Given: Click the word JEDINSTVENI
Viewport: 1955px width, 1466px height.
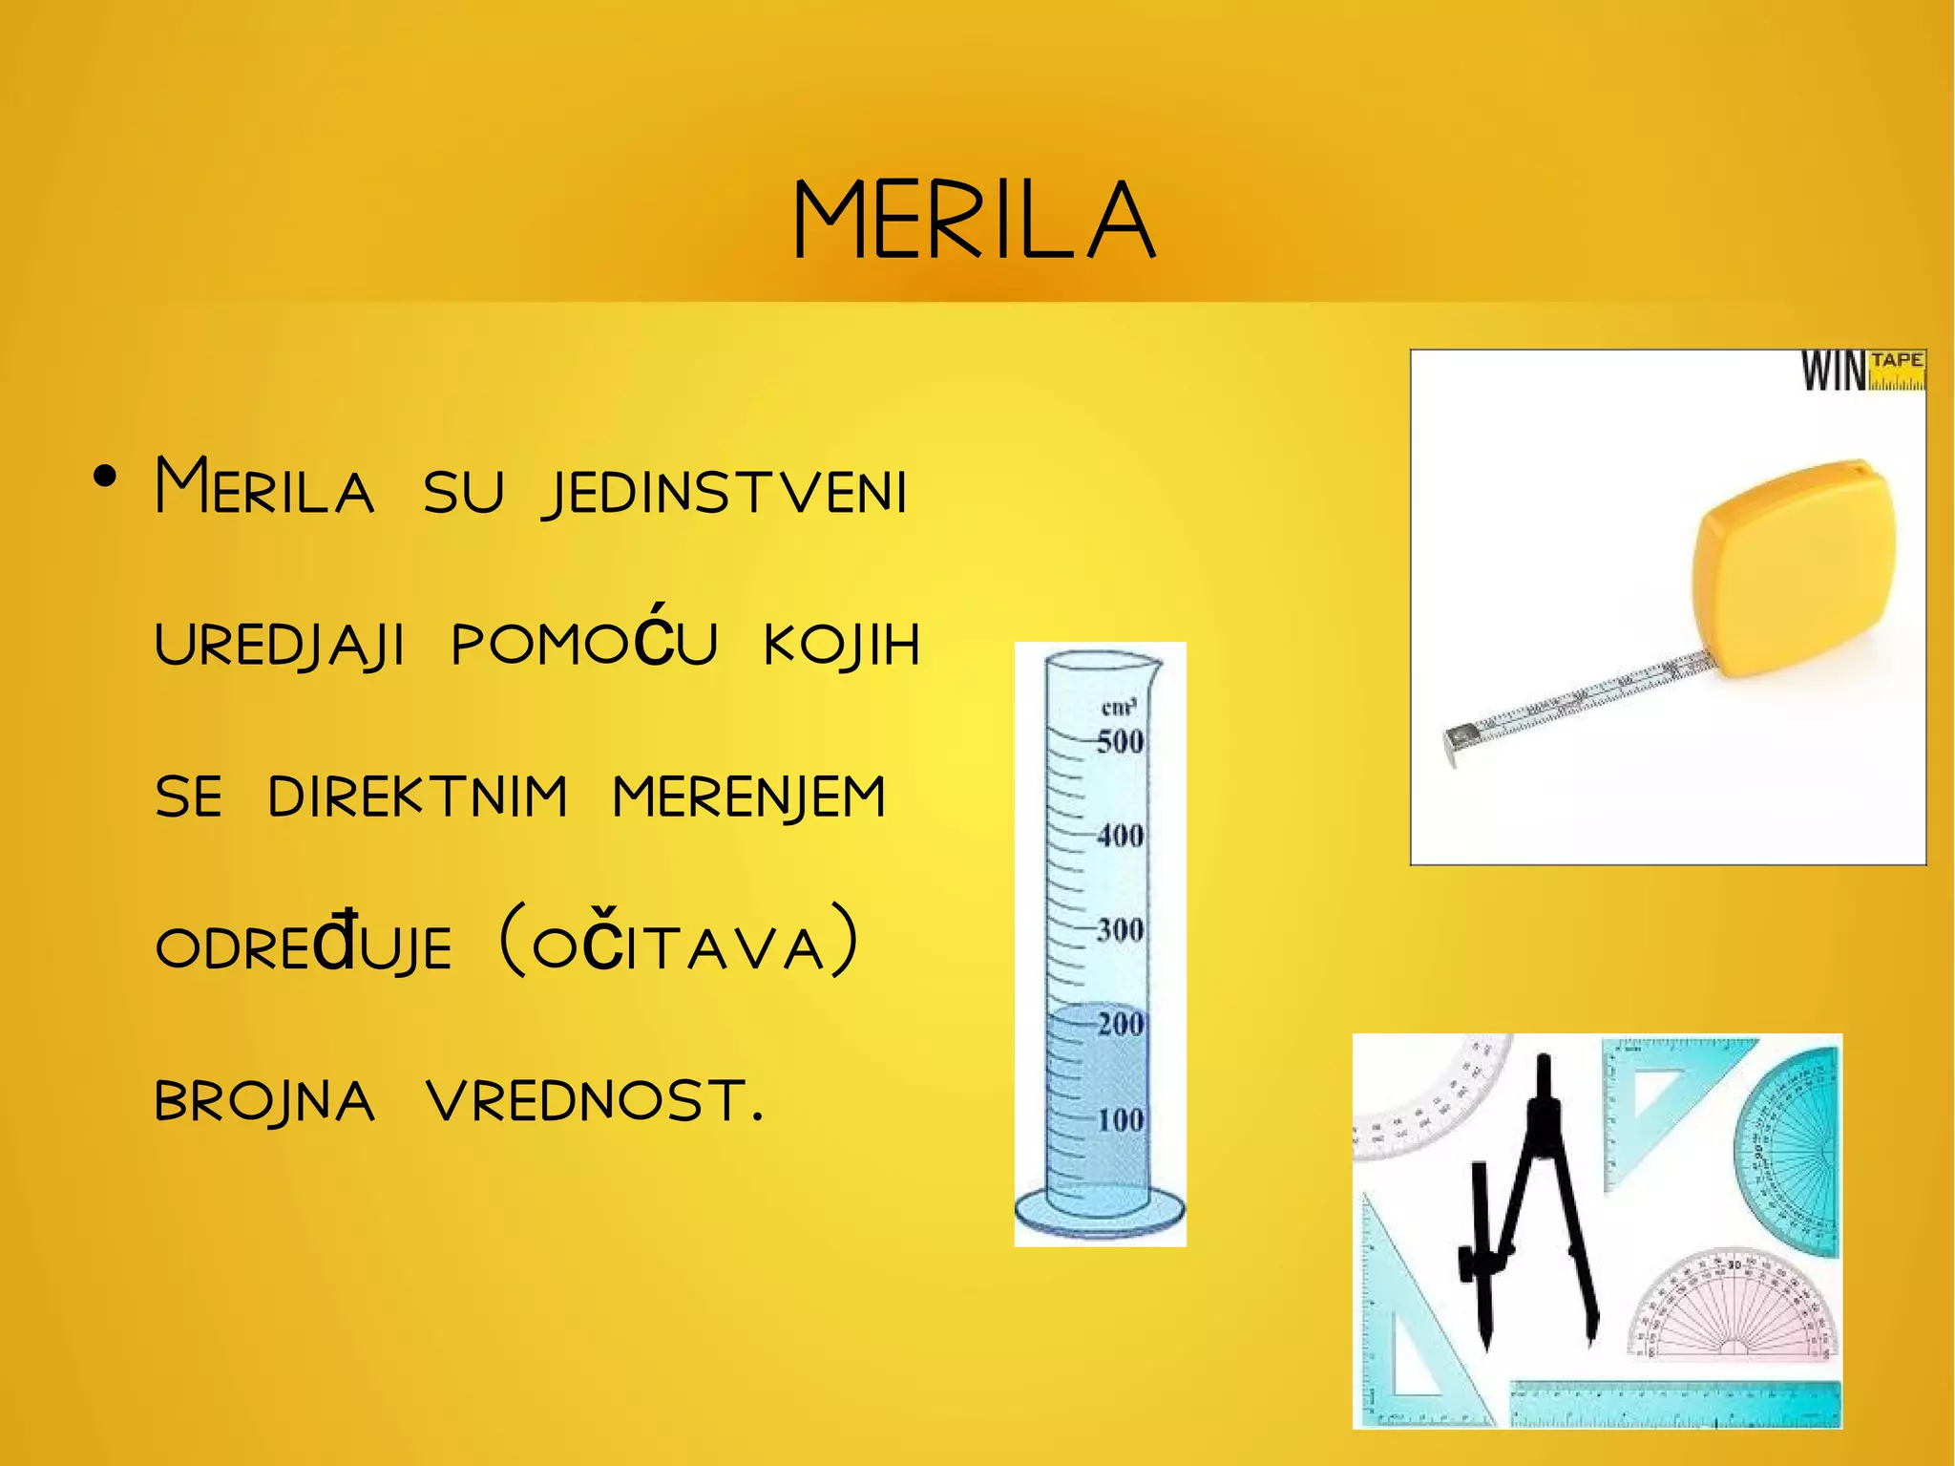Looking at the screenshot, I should [725, 493].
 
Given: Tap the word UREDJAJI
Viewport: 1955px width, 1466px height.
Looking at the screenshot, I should [280, 645].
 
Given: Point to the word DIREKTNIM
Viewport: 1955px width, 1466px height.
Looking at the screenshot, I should [417, 797].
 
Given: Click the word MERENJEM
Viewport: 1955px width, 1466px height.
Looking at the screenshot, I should [749, 798].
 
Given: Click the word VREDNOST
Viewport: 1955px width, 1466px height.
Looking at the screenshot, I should [596, 1100].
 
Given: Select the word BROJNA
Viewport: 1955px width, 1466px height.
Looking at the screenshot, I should [264, 1102].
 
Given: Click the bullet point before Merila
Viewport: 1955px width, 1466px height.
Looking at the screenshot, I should [105, 477].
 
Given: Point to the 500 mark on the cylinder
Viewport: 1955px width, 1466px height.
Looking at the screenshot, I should [1119, 742].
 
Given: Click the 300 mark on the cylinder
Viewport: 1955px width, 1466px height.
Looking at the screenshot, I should [1119, 929].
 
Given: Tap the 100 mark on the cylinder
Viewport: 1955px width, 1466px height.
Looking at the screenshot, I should [1119, 1119].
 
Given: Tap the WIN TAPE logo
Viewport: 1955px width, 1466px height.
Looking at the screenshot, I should [1861, 371].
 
